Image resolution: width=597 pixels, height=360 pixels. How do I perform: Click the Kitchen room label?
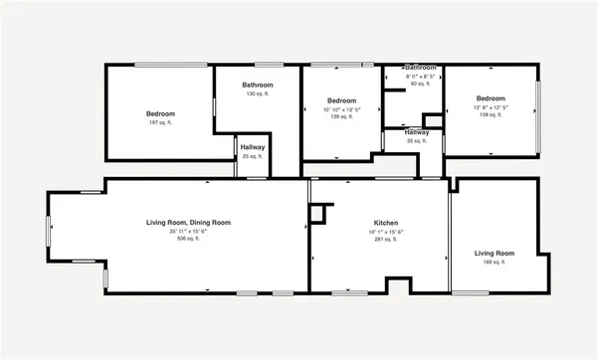click(386, 222)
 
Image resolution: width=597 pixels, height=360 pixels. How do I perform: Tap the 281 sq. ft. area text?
click(386, 240)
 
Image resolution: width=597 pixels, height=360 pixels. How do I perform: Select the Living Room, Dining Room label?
click(189, 222)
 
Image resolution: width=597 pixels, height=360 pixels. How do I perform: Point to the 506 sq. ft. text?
click(189, 240)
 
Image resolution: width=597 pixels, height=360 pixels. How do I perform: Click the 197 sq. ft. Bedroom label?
click(161, 114)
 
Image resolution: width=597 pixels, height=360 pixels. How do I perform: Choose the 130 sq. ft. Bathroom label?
click(258, 86)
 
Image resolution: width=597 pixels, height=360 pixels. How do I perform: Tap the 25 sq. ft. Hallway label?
click(252, 148)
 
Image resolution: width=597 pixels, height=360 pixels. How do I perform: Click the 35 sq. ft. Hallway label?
click(416, 132)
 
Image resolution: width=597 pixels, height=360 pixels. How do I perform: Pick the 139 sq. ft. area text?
click(342, 117)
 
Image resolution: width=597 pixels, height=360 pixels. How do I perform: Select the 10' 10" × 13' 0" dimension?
click(342, 109)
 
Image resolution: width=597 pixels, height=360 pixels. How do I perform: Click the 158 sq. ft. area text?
click(491, 115)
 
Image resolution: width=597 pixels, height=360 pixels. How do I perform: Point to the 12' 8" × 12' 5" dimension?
click(491, 107)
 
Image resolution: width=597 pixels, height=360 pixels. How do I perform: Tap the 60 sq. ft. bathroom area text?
click(420, 84)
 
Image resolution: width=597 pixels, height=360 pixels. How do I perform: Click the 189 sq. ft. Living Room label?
click(495, 254)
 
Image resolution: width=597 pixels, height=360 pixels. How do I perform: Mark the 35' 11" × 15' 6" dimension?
click(189, 231)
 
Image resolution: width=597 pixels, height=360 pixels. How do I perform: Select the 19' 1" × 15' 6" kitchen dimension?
click(386, 231)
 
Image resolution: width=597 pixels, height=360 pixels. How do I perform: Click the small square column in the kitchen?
click(317, 212)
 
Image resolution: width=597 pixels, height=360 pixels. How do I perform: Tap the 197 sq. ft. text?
click(161, 122)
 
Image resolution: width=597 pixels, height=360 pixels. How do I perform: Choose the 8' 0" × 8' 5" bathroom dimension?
click(420, 77)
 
